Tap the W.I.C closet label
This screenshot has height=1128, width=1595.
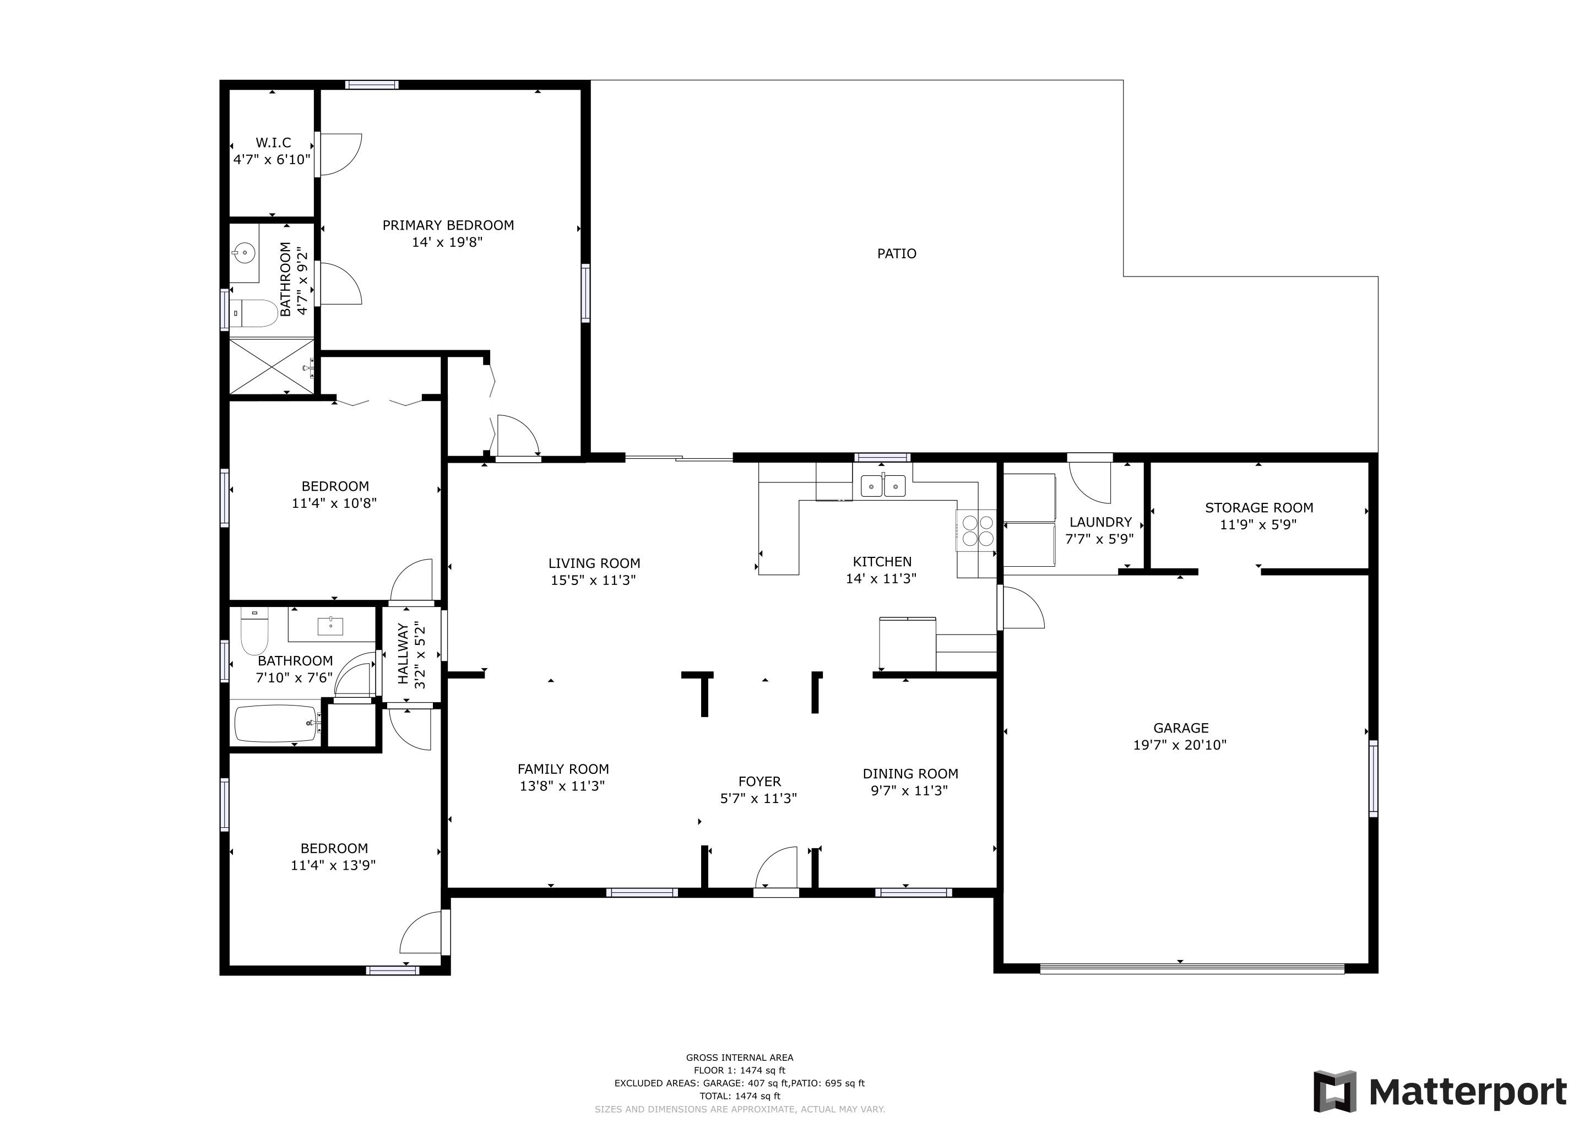273,143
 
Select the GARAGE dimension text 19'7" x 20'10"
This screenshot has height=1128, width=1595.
1180,745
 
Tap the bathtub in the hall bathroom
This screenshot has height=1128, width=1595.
276,724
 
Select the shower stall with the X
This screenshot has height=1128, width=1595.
271,366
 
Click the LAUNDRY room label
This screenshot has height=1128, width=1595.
1100,522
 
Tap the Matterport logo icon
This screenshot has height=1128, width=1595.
1334,1091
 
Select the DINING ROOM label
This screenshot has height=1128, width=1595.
910,774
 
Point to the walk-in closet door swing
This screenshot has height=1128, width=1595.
340,154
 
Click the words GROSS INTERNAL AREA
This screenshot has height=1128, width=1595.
739,1057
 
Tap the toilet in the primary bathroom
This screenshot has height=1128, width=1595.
252,313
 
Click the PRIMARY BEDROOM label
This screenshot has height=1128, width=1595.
448,225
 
